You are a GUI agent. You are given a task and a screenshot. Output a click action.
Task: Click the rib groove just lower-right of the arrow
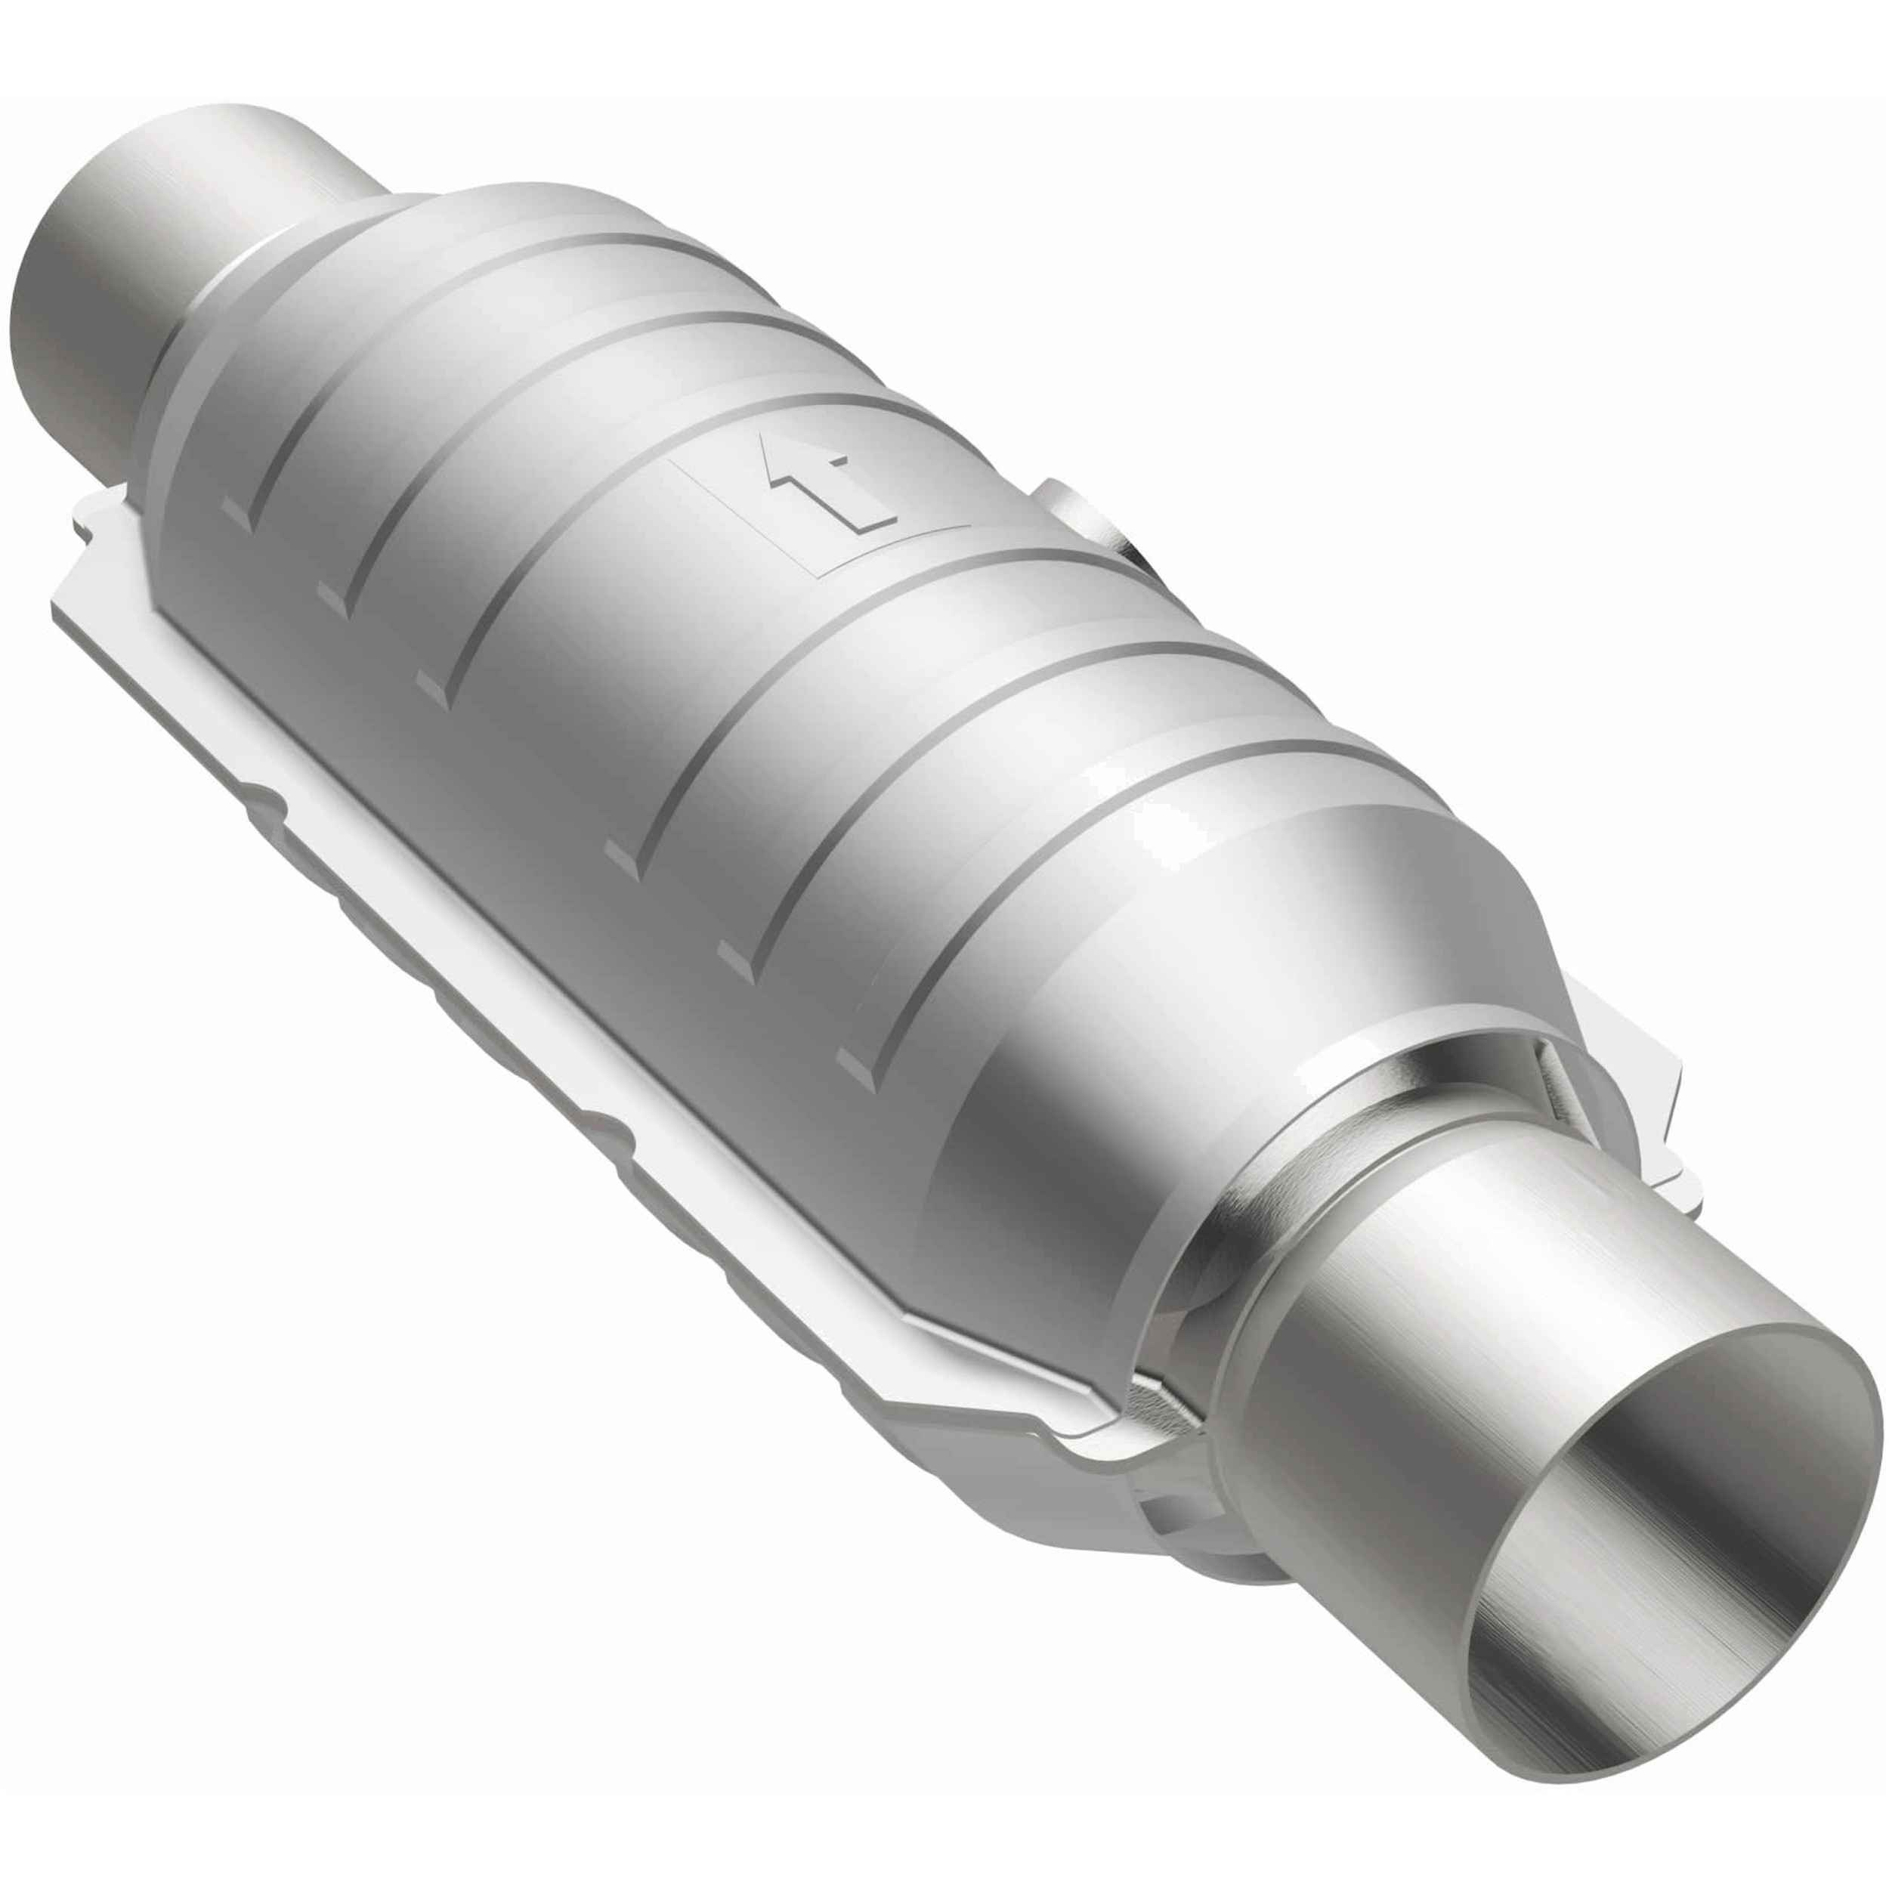782,665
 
